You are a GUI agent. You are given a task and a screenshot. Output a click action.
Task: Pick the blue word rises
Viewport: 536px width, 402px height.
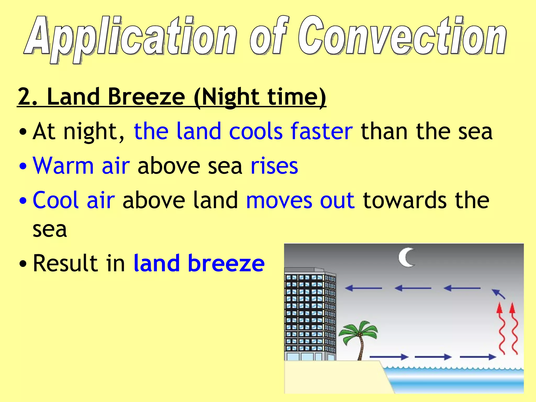(274, 166)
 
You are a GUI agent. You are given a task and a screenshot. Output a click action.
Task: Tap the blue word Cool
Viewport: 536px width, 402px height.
(55, 200)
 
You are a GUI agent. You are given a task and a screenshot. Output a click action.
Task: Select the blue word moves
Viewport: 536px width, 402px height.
(279, 200)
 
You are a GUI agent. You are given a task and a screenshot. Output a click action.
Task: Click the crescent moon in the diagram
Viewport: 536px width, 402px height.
(406, 258)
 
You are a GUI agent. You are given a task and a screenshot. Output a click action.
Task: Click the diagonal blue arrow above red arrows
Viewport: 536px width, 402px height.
(498, 294)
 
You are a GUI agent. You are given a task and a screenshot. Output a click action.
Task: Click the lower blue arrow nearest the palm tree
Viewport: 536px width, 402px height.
(389, 356)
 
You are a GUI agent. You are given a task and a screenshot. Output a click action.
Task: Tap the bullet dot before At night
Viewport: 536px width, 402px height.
(23, 132)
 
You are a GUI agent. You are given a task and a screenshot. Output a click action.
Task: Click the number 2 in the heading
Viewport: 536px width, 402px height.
(25, 97)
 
